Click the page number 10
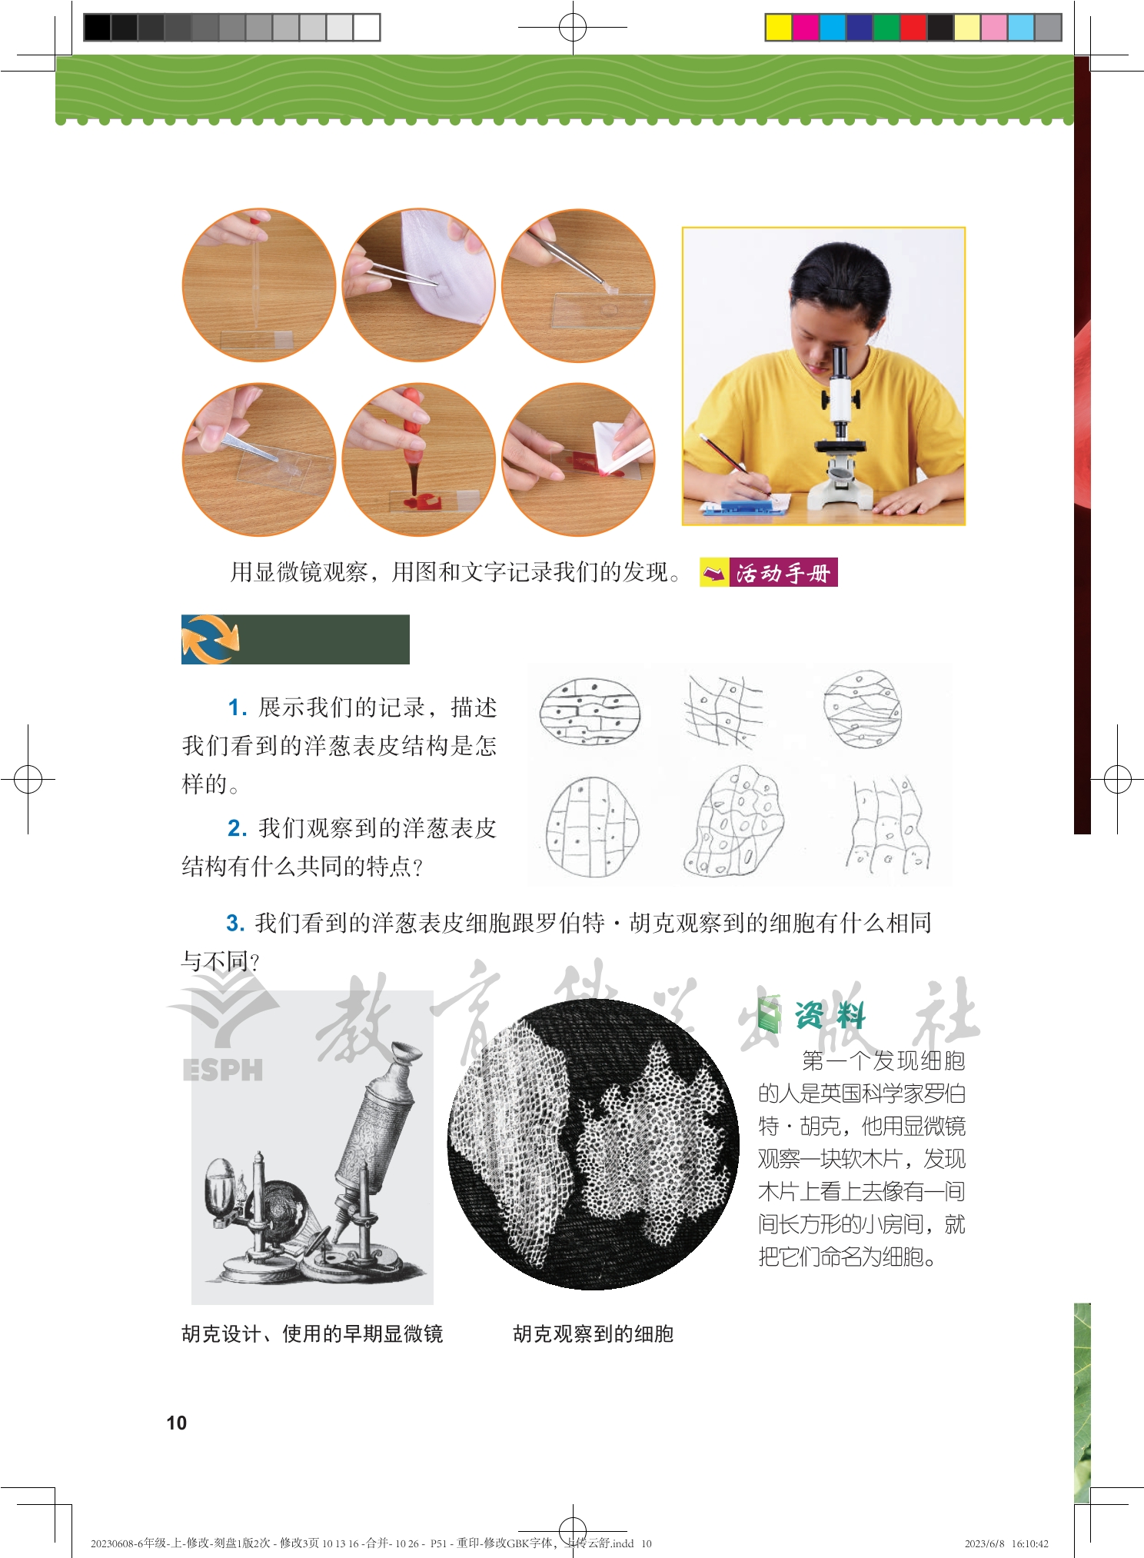[177, 1423]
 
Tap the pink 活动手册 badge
[783, 572]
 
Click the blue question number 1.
[236, 707]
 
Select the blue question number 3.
[234, 923]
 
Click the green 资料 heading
[830, 1016]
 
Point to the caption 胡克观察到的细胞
[594, 1334]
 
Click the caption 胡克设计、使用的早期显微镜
[312, 1334]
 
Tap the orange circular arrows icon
[210, 639]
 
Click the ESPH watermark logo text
[223, 1070]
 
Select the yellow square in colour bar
[779, 28]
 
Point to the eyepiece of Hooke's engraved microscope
[405, 1053]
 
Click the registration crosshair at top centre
[572, 28]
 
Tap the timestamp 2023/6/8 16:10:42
[1006, 1543]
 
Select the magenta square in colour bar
[806, 28]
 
